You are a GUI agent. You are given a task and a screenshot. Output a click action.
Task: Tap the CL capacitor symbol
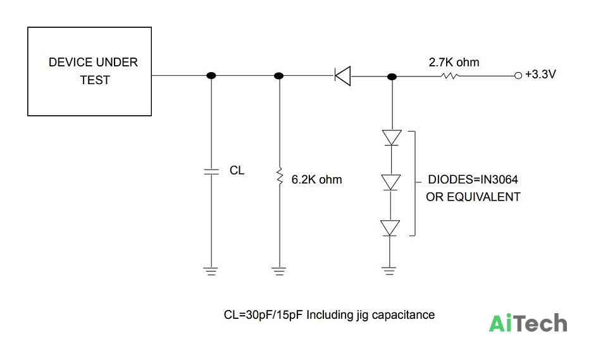[x=211, y=171]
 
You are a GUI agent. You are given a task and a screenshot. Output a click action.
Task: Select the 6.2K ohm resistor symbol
[x=279, y=176]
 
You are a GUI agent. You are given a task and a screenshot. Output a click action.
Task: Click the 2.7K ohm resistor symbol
[x=450, y=76]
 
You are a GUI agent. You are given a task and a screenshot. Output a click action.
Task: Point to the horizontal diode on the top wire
[x=343, y=76]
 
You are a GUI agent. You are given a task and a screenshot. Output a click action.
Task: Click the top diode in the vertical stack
[x=392, y=138]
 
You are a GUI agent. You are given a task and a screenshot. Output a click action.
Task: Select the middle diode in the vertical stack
[x=390, y=182]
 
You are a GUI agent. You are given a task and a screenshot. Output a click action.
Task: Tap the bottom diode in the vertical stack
[x=390, y=228]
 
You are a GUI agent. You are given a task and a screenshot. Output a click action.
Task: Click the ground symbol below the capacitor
[x=211, y=271]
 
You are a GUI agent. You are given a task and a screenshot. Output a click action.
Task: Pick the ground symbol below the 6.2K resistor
[x=279, y=271]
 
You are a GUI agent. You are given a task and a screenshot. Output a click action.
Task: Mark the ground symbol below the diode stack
[x=389, y=271]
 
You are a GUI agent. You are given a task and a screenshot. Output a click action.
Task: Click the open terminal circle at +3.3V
[x=518, y=76]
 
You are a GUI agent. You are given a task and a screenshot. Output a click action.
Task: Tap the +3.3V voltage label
[x=540, y=74]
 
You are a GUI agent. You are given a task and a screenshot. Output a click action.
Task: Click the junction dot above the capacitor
[x=211, y=75]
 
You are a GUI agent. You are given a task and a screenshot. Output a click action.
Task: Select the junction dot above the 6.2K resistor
[x=278, y=76]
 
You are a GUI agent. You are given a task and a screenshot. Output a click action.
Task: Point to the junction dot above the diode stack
[x=392, y=77]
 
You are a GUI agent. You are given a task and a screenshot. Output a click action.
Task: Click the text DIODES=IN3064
[x=473, y=179]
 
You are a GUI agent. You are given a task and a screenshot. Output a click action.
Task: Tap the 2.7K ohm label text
[x=454, y=62]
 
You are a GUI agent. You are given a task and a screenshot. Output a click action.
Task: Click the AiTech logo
[x=528, y=323]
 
